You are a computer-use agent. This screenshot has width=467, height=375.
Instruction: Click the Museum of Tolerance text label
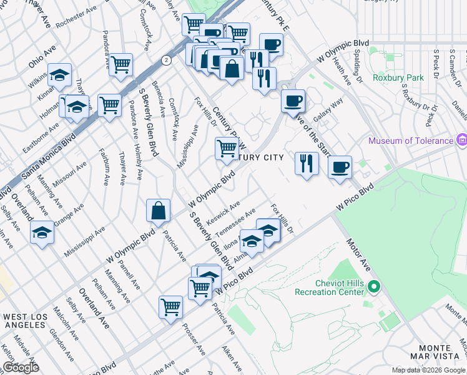coord(410,141)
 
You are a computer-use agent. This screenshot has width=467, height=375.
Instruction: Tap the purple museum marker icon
coord(461,140)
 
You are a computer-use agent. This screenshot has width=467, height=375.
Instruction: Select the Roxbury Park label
coord(398,78)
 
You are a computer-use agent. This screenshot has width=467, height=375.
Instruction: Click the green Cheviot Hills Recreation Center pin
coord(374,287)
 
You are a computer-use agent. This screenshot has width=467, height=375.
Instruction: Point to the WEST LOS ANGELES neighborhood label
coord(25,322)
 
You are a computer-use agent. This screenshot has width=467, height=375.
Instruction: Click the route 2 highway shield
coord(165,60)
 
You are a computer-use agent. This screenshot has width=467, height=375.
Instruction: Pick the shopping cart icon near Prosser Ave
coord(170,307)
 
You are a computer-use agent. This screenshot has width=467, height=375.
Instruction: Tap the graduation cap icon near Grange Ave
coord(42,232)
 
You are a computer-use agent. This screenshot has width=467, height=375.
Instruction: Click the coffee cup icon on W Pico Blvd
coord(340,167)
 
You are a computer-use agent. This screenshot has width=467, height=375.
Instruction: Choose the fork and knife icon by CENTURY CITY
coord(306,163)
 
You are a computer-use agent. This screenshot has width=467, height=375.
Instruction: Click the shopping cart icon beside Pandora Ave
coord(120,64)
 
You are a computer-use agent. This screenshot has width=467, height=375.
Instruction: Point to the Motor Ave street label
coord(359,254)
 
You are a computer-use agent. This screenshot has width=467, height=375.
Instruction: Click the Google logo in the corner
coord(20,367)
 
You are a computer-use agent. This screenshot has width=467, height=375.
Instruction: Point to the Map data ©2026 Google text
coord(428,370)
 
